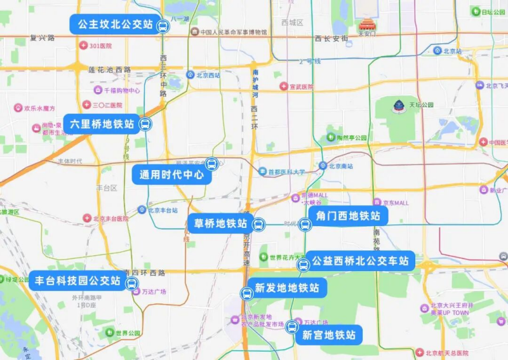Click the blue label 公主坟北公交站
115,25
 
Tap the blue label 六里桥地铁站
102,124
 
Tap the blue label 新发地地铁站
286,288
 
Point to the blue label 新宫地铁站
328,335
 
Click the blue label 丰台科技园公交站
77,280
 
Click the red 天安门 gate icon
367,25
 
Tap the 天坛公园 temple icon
399,105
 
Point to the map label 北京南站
340,166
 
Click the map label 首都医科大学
286,171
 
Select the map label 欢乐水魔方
39,109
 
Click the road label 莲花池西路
109,69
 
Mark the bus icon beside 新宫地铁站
291,328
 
